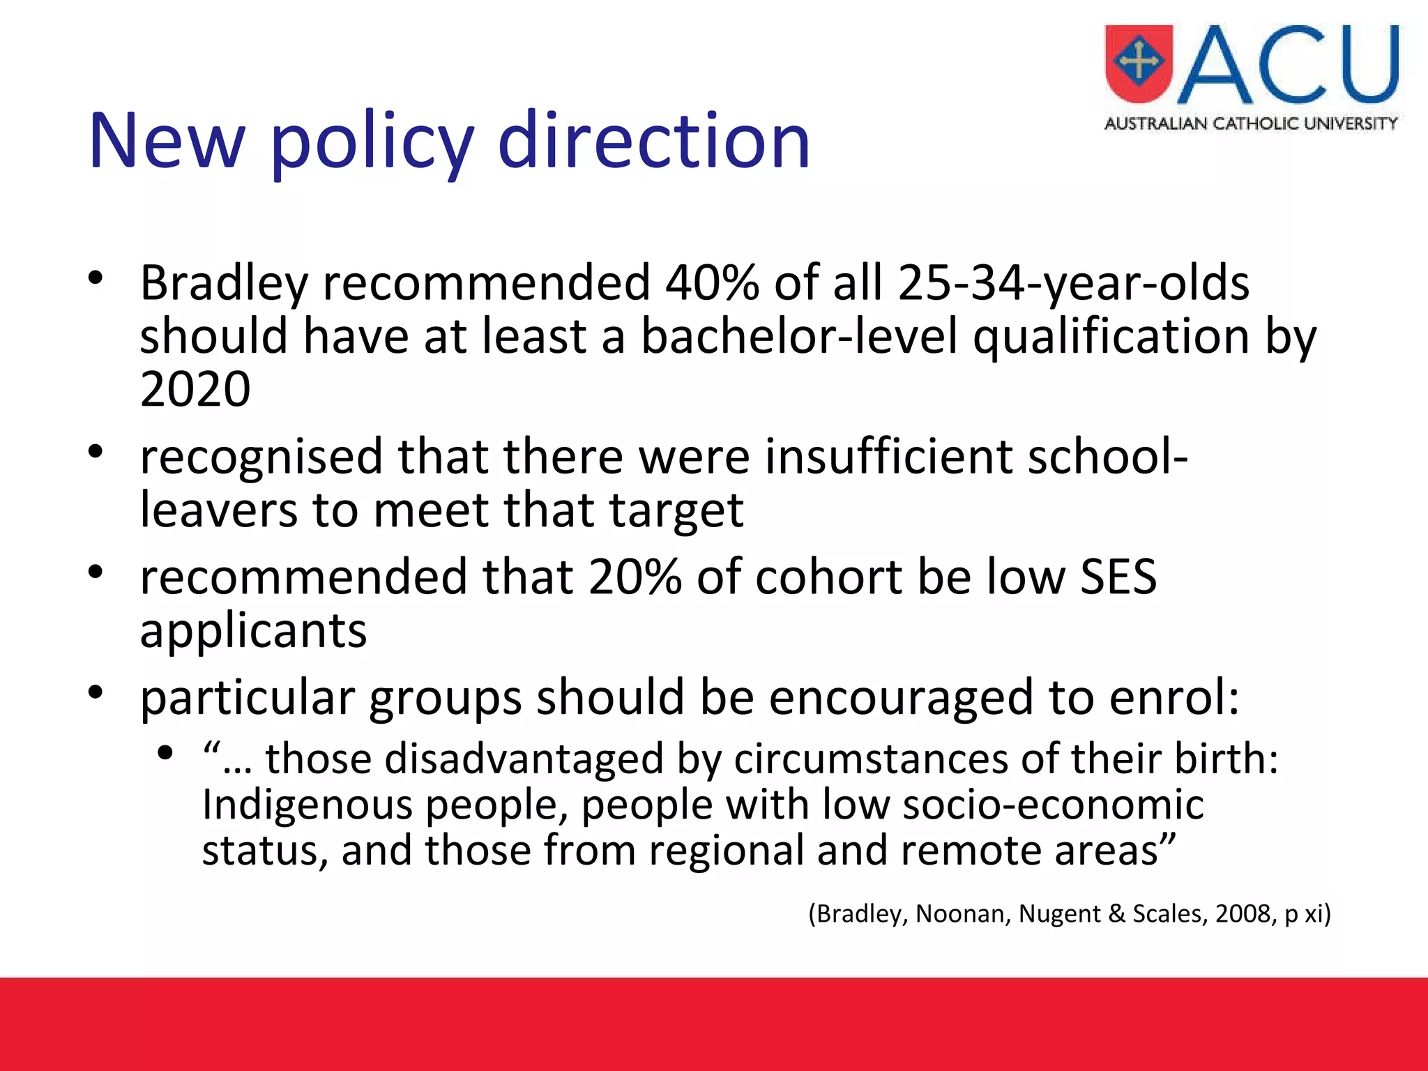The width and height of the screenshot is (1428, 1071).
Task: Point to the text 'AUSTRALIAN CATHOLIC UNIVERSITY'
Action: tap(1251, 124)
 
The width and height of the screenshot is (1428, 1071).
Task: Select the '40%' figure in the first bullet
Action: tap(711, 283)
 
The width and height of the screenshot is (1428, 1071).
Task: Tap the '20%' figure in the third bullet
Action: tap(634, 577)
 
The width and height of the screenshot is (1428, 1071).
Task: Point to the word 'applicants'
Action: tap(253, 631)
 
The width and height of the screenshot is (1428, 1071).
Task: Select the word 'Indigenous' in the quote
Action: tap(307, 805)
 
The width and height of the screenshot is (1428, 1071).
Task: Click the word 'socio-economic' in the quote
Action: tap(1053, 805)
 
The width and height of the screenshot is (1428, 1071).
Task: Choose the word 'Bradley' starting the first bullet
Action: tap(223, 283)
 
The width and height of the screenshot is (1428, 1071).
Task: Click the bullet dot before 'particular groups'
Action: tap(96, 692)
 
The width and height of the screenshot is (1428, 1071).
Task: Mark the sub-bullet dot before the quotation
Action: tap(165, 753)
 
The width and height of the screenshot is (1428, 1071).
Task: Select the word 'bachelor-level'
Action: tap(798, 337)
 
